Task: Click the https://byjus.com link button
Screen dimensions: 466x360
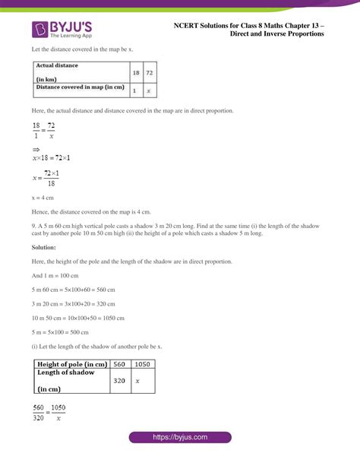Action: point(180,438)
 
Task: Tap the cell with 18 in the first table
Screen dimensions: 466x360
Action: point(134,73)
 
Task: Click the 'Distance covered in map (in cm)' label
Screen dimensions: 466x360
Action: point(79,87)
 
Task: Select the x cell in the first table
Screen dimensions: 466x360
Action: point(149,90)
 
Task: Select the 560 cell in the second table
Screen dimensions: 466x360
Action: point(119,363)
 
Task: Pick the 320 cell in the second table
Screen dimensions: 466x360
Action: point(119,379)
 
